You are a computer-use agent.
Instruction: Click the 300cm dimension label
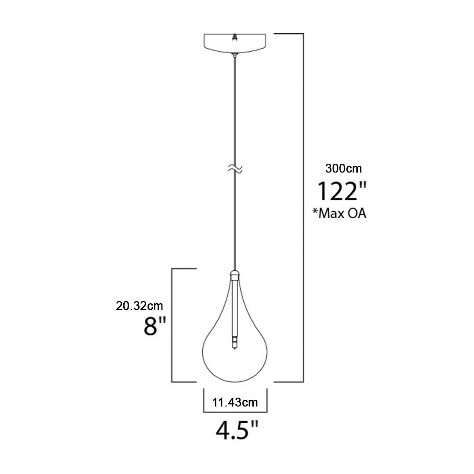(x=343, y=169)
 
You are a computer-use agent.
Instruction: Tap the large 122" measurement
(x=341, y=191)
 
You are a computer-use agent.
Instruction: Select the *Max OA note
(x=339, y=213)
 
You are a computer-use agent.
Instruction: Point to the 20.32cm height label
(x=140, y=306)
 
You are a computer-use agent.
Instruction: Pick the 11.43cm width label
(x=235, y=402)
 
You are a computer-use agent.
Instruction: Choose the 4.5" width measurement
(x=237, y=431)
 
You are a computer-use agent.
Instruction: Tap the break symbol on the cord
(x=235, y=169)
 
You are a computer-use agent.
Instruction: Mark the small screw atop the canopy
(x=234, y=37)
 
